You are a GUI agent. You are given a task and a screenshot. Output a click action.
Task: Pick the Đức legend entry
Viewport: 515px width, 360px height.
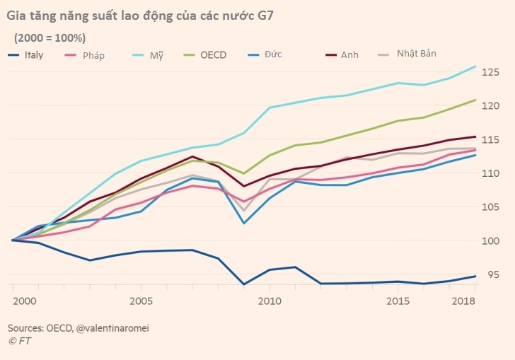click(282, 55)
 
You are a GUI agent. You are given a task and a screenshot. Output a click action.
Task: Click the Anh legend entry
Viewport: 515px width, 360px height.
click(349, 55)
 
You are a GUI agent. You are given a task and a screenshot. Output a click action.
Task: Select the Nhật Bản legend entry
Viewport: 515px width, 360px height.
click(418, 54)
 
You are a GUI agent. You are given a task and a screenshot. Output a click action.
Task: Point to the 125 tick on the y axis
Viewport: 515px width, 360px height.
click(492, 72)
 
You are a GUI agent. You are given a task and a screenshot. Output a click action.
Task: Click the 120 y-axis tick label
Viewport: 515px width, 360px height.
click(492, 106)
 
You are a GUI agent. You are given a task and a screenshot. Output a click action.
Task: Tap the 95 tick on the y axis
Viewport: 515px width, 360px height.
click(494, 275)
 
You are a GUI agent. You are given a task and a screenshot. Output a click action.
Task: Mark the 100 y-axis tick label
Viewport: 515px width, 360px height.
click(492, 241)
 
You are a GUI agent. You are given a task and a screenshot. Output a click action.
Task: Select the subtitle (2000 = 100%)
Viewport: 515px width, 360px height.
click(50, 37)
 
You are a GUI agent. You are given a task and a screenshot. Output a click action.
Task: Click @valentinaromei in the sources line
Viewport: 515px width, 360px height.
click(114, 328)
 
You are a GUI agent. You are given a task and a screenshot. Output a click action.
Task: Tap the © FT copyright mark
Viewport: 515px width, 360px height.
click(20, 340)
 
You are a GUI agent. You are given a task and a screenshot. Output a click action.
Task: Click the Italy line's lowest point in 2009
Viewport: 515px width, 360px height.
click(243, 284)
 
